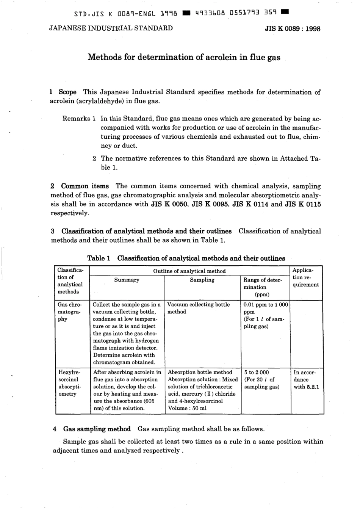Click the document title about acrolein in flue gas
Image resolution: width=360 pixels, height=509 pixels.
(184, 57)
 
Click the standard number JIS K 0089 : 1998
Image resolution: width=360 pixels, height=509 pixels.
(292, 29)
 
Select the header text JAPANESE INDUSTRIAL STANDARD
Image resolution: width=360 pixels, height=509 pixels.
(111, 28)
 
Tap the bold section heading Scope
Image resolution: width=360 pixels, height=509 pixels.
(67, 92)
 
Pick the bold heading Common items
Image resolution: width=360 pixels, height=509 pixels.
(85, 186)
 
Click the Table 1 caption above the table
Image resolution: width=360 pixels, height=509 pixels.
(186, 258)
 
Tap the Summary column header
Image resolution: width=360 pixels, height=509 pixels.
(127, 280)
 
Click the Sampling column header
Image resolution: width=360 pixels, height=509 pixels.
(202, 280)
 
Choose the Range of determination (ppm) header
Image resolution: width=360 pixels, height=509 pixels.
(263, 287)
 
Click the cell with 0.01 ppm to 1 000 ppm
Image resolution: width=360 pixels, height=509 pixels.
(266, 308)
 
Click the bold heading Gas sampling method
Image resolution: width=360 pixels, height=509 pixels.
(97, 429)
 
